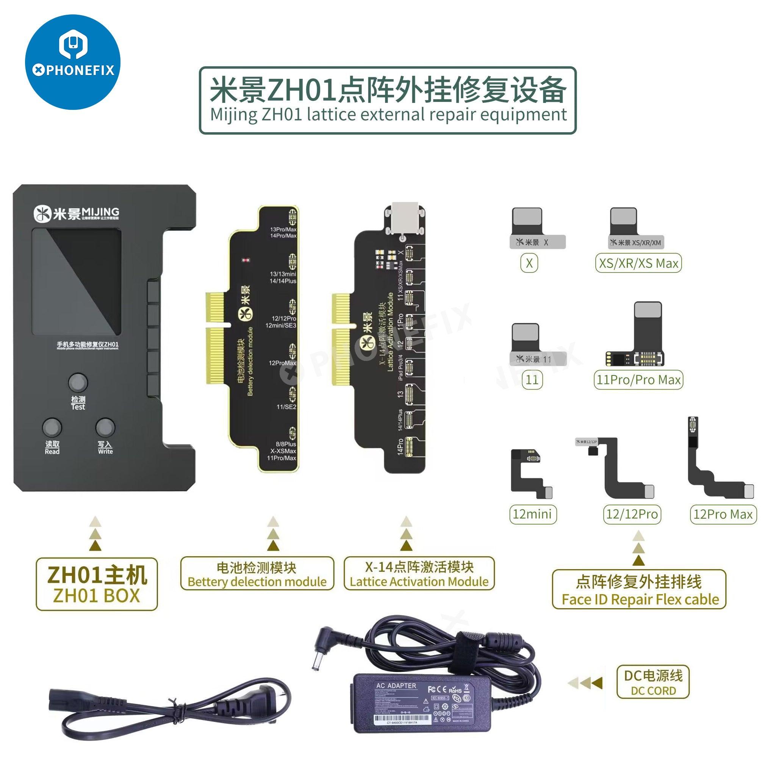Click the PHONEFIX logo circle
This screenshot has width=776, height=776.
coord(73,62)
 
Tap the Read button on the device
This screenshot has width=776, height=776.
coord(52,428)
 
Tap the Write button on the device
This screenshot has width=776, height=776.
coord(105,428)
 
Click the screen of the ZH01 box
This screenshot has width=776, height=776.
coord(76,282)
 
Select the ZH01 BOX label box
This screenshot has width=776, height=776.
coord(96,584)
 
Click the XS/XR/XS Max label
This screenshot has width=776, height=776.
coord(638,263)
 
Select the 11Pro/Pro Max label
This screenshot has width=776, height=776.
coord(638,380)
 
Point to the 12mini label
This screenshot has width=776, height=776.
coord(532,514)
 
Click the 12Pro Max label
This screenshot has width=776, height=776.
coord(723,514)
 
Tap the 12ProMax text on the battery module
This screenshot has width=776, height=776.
coord(282,363)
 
